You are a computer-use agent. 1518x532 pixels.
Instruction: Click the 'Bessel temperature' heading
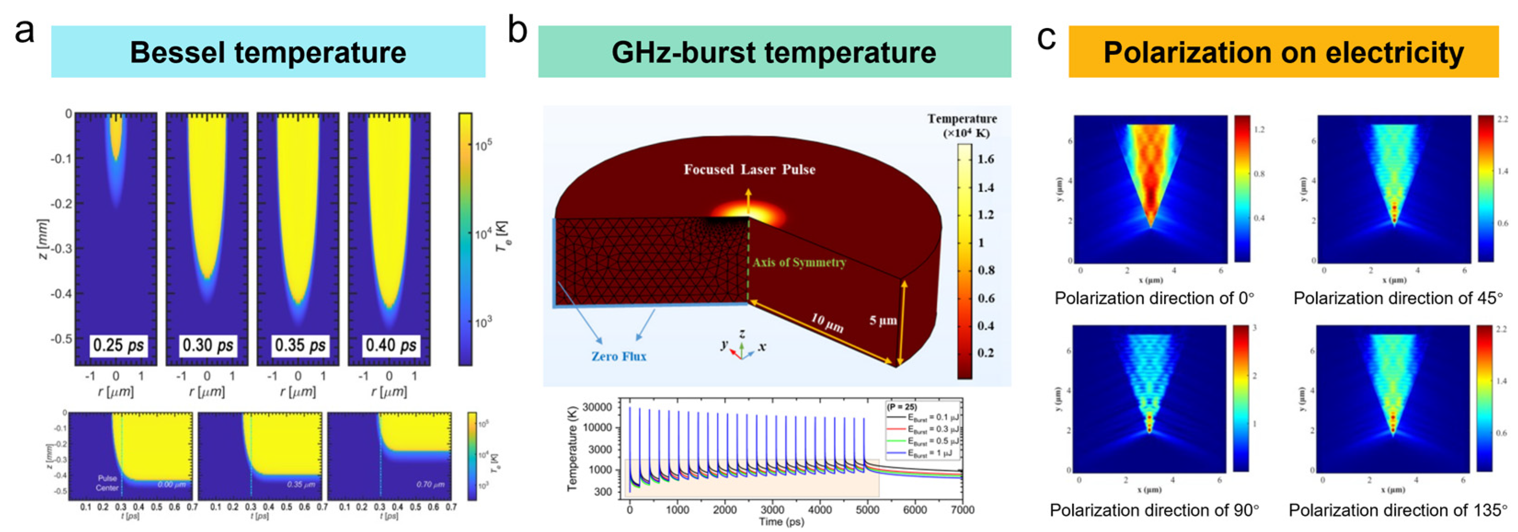(x=268, y=52)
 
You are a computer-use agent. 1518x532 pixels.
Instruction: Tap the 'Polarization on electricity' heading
(x=1283, y=52)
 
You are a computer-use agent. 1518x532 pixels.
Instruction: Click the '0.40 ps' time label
(x=391, y=345)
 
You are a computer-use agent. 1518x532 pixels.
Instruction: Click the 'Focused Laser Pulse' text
(x=749, y=170)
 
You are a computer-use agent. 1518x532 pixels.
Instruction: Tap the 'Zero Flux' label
(x=619, y=356)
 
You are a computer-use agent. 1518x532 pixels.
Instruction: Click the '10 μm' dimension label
(x=826, y=322)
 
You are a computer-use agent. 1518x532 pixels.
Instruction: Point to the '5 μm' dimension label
(x=883, y=320)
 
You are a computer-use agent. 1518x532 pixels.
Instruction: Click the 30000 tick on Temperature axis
(x=597, y=407)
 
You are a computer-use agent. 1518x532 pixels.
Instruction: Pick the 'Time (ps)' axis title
(x=781, y=522)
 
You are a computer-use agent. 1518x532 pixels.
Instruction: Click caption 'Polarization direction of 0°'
(x=1154, y=298)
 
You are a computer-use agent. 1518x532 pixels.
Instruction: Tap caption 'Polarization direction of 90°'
(x=1154, y=510)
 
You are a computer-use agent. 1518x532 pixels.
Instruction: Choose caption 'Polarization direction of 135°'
(x=1398, y=510)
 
